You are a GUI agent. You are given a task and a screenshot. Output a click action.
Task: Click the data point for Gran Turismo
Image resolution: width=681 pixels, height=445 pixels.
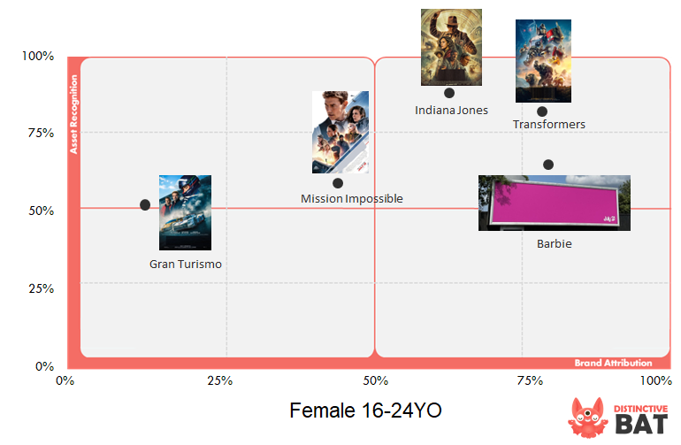(145, 204)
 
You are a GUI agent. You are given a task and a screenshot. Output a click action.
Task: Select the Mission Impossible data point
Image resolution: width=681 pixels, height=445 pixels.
(338, 183)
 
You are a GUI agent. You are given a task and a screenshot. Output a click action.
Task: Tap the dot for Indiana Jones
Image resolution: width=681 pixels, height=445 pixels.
(449, 93)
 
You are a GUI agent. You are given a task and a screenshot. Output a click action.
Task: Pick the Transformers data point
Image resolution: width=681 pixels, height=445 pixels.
(541, 111)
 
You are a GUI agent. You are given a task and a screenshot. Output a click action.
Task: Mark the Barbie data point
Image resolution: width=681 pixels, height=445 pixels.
(548, 165)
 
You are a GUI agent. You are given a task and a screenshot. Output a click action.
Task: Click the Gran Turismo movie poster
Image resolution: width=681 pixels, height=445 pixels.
(185, 212)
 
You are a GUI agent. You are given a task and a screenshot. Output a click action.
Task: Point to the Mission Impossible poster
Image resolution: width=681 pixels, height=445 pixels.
(340, 132)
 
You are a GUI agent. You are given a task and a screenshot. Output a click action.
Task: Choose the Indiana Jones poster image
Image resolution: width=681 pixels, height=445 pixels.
(451, 47)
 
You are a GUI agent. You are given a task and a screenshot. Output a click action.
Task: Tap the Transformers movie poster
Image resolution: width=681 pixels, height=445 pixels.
(543, 61)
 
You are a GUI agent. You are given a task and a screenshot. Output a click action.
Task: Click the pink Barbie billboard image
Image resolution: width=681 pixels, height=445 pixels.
(555, 203)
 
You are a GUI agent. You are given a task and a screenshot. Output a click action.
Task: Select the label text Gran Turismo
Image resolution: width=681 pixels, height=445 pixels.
(186, 265)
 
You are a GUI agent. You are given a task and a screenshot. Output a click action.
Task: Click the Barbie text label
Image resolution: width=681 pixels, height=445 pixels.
(555, 244)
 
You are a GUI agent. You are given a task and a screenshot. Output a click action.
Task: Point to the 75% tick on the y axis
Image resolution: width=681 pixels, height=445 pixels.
(42, 133)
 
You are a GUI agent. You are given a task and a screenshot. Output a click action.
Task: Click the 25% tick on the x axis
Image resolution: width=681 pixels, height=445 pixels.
(219, 381)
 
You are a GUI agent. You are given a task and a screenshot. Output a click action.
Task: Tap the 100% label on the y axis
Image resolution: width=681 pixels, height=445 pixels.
(38, 56)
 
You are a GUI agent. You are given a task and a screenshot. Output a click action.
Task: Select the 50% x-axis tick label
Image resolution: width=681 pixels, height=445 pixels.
(376, 381)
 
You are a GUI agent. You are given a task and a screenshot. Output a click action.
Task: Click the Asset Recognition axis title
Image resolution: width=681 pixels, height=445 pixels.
(73, 114)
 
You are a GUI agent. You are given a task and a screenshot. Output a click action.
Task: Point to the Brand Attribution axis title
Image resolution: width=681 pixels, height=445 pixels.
(613, 363)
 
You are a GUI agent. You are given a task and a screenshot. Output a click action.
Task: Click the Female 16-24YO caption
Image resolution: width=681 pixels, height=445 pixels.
(365, 410)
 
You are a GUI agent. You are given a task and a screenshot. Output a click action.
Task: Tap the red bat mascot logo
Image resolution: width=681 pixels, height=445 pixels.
(587, 418)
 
